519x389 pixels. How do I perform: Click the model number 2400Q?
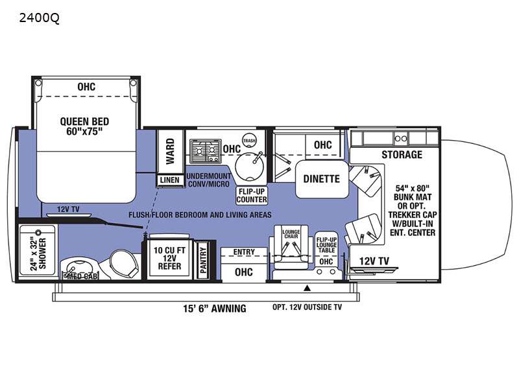coord(40,18)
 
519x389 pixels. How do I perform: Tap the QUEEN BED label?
coord(84,121)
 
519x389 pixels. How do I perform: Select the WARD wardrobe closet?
coord(170,151)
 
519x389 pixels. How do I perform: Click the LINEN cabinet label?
coord(170,180)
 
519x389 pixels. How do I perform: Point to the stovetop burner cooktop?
coord(205,151)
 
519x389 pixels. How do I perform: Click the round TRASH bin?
coord(250,141)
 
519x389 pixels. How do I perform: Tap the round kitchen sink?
coord(250,167)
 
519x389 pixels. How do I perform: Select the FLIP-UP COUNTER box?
coord(252,196)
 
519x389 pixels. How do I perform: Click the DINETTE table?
coord(322,179)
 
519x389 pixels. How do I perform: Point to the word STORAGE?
coord(402,154)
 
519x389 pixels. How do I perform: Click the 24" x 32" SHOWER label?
coord(39,253)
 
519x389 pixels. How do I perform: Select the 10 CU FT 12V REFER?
coord(169,258)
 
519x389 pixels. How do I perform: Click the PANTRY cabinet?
coord(203,261)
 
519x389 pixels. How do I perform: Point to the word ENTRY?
coord(244,252)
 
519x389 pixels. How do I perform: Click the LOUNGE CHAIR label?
coord(291,234)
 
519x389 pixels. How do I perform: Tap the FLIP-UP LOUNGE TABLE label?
coord(326,245)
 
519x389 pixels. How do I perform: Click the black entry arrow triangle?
coord(307,288)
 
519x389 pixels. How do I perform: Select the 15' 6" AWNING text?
coord(215,309)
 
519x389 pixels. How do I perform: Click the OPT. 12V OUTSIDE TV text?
coord(307,307)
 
